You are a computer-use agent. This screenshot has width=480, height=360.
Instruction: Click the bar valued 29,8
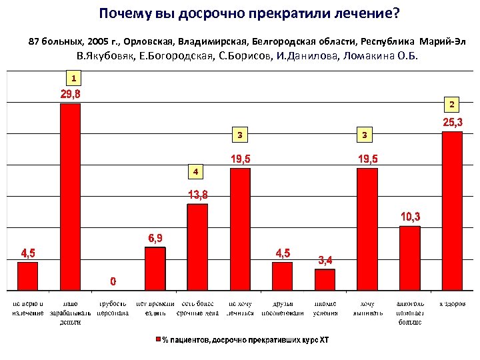pyautogui.click(x=70, y=197)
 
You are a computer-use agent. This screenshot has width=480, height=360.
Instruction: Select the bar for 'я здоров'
pyautogui.click(x=452, y=211)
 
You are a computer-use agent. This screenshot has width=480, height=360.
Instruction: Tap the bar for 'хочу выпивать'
pyautogui.click(x=367, y=229)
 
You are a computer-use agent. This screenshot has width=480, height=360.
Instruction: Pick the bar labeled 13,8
pyautogui.click(x=197, y=247)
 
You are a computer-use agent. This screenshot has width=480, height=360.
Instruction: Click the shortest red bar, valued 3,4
pyautogui.click(x=325, y=279)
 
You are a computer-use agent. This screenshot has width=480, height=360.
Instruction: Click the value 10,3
pyautogui.click(x=410, y=217)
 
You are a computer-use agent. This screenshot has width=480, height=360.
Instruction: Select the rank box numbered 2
pyautogui.click(x=451, y=105)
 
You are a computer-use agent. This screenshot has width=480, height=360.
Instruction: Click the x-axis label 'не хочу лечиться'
pyautogui.click(x=240, y=308)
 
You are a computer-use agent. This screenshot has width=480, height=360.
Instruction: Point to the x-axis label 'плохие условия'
pyautogui.click(x=325, y=308)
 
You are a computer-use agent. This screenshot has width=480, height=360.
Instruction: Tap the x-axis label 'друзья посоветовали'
pyautogui.click(x=283, y=308)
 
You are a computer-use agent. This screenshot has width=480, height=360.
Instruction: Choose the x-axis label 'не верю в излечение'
pyautogui.click(x=28, y=308)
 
